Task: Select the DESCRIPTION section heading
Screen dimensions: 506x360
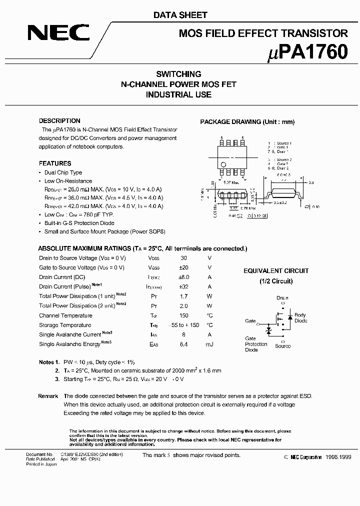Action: pyautogui.click(x=59, y=121)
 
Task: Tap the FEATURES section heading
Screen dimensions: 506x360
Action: pyautogui.click(x=55, y=163)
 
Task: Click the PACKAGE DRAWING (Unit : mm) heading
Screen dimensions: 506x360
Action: pyautogui.click(x=247, y=122)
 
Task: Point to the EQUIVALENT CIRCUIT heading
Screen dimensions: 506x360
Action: pyautogui.click(x=276, y=271)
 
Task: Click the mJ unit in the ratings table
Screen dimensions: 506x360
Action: pyautogui.click(x=209, y=344)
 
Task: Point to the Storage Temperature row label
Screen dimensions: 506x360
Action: pyautogui.click(x=65, y=325)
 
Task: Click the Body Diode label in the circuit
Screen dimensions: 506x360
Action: pyautogui.click(x=300, y=318)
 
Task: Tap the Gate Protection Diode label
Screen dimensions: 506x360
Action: pyautogui.click(x=256, y=344)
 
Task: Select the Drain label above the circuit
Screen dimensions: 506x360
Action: pyautogui.click(x=282, y=298)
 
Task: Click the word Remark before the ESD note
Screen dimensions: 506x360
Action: pyautogui.click(x=48, y=396)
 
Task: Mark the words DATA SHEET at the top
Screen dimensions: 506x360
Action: pyautogui.click(x=180, y=15)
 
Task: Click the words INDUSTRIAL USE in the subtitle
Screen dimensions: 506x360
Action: pyautogui.click(x=178, y=94)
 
